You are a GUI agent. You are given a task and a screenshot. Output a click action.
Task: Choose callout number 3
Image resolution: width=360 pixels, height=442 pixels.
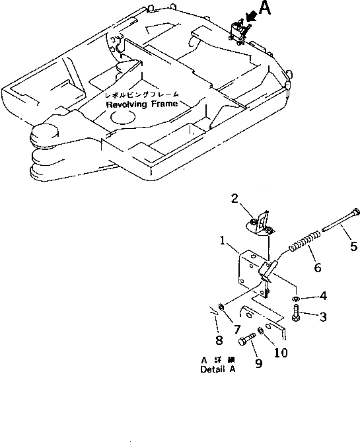pyautogui.click(x=323, y=317)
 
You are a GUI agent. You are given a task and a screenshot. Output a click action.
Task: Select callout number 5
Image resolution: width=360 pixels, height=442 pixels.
pyautogui.click(x=353, y=248)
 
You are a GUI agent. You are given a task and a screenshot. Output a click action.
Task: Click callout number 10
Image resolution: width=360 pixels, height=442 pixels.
pyautogui.click(x=280, y=353)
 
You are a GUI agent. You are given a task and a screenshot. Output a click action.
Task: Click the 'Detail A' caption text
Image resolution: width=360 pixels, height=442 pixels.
pyautogui.click(x=217, y=370)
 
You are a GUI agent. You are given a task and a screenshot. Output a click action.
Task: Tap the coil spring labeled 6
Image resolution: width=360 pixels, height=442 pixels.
pyautogui.click(x=305, y=240)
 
